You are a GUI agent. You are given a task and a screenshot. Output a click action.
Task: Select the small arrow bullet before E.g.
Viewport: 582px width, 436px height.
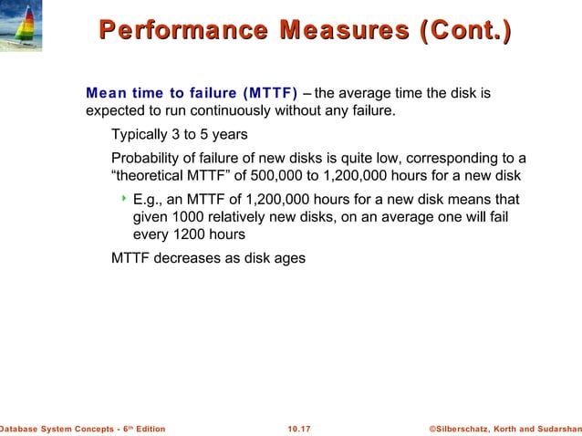point(122,198)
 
